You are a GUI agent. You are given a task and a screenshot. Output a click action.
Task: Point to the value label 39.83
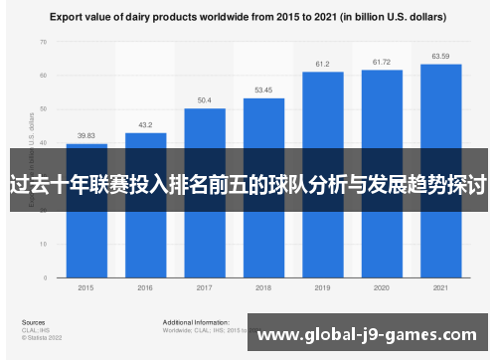coord(86,136)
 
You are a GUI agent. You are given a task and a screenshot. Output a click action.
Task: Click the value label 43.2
coord(145,125)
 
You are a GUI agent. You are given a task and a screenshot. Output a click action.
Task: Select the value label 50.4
coord(205,100)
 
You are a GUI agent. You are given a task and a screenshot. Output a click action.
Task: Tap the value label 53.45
coord(263,90)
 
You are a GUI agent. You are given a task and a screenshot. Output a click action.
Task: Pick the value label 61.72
coord(382,62)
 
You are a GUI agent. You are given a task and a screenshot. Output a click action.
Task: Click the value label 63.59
coord(440,56)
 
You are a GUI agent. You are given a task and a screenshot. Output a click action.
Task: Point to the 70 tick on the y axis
coord(43,42)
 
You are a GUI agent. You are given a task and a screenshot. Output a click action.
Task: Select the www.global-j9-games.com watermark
coord(373,336)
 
